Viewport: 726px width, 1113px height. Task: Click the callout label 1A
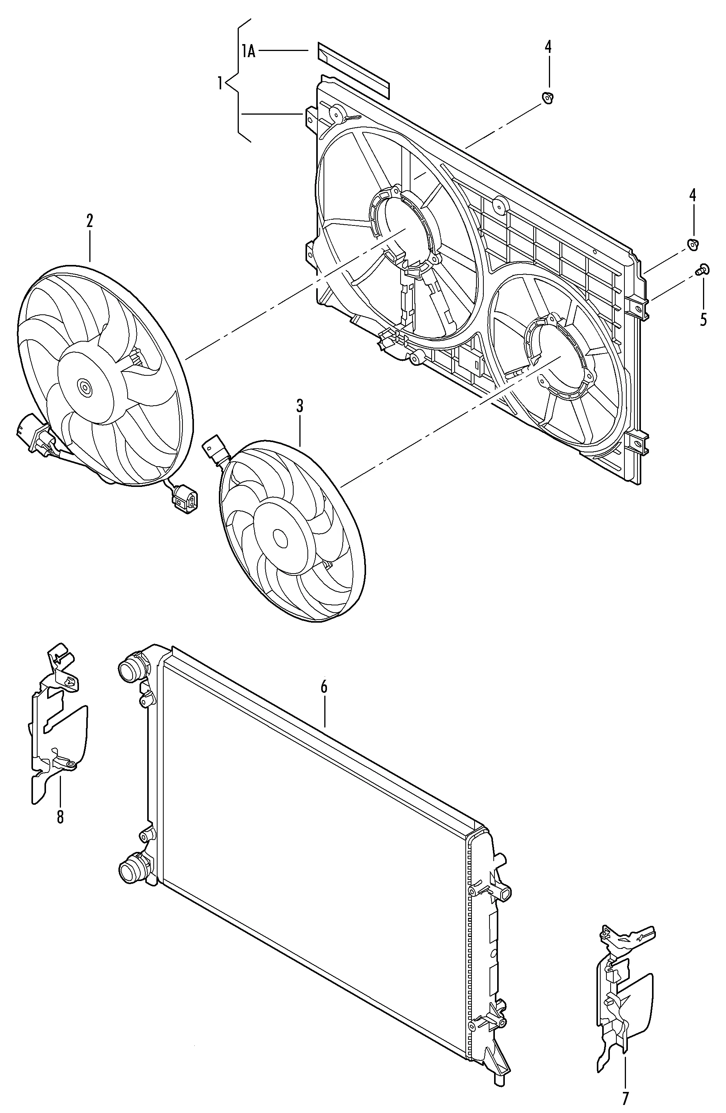249,51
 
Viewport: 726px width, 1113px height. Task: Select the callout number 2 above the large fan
90,221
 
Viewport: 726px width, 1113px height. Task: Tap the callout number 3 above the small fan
300,406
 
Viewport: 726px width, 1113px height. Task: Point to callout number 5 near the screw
703,319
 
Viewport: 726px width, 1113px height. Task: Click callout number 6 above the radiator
324,687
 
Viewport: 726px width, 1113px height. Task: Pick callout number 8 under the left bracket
60,817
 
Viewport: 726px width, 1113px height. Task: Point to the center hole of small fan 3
280,539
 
